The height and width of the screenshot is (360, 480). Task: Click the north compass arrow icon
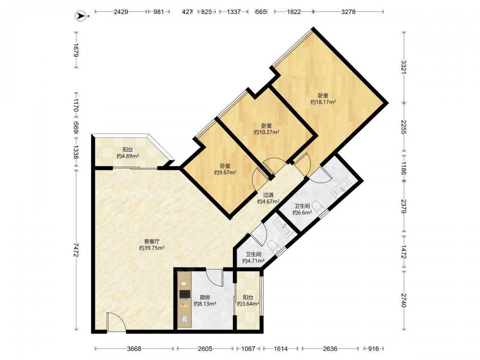81,16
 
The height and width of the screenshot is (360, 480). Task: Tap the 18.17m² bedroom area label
323,99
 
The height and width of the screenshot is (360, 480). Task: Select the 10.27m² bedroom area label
266,129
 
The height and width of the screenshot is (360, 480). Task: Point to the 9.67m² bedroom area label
225,169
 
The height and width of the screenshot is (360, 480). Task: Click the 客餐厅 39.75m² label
152,245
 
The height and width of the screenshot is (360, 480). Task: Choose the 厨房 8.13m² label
205,300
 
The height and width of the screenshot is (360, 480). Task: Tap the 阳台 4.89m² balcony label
128,153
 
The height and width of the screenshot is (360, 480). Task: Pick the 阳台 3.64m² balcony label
248,300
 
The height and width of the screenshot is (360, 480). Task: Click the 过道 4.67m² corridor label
268,198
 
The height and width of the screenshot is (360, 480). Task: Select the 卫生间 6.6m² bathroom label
302,209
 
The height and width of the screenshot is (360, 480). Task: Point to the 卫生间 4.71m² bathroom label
253,257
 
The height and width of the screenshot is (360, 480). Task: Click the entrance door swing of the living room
116,322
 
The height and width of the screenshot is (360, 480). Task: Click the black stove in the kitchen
185,294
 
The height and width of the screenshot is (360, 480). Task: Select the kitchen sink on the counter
184,319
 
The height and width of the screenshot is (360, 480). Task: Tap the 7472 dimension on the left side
76,250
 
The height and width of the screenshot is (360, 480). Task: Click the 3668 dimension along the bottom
134,348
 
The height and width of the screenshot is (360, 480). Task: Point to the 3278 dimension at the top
348,12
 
